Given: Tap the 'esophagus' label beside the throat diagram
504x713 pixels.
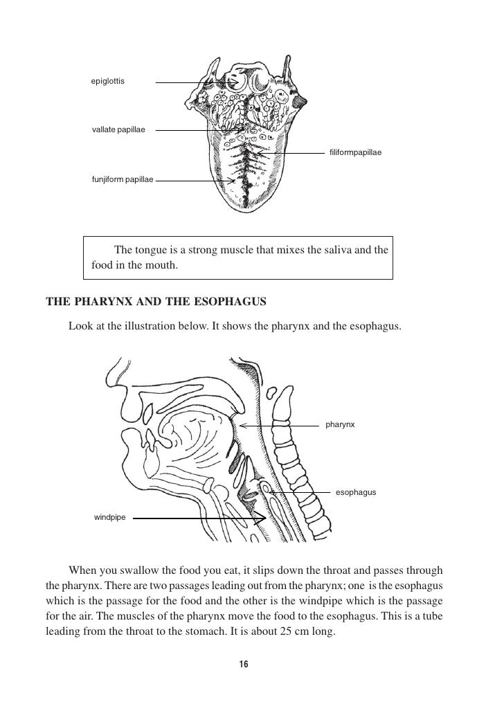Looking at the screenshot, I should pos(355,492).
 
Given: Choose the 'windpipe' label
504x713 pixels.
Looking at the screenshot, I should pos(110,517).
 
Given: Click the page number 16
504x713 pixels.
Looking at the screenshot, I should pos(243,665).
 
